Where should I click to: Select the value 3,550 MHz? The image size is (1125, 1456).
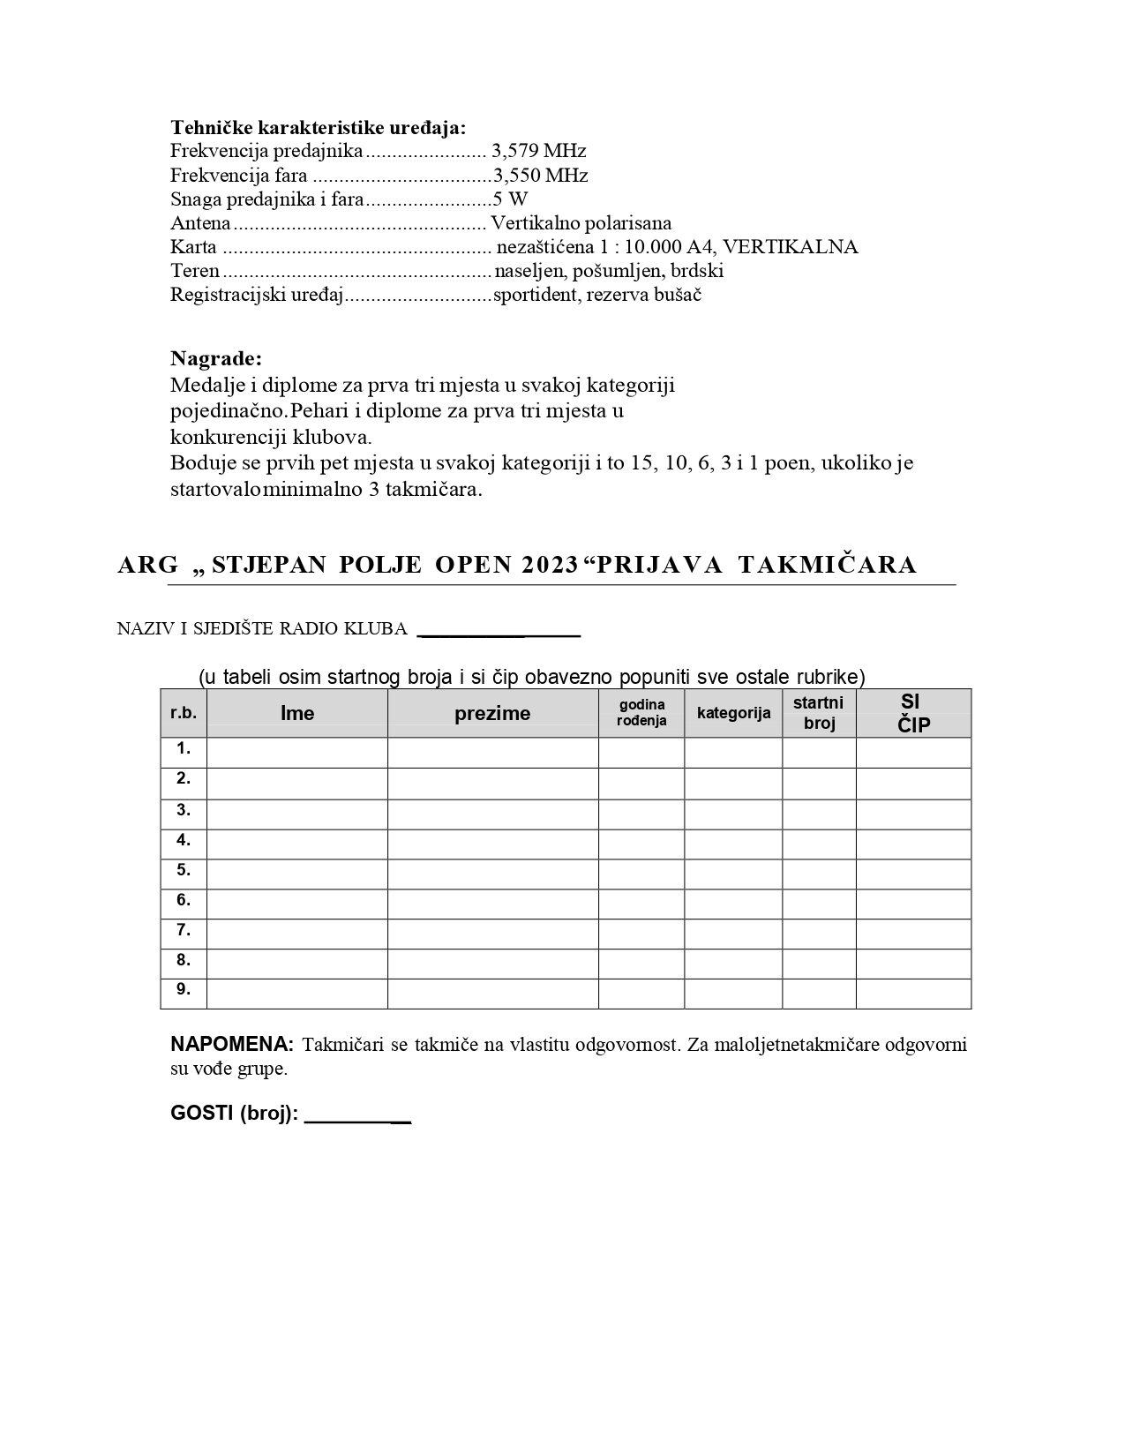click(x=540, y=175)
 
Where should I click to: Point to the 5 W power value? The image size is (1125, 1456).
click(x=510, y=199)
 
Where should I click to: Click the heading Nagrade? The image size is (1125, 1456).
click(x=216, y=359)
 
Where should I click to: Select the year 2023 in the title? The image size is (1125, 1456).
click(x=550, y=565)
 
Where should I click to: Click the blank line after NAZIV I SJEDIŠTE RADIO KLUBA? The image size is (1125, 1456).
click(x=499, y=630)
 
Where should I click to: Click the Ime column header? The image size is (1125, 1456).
click(x=297, y=713)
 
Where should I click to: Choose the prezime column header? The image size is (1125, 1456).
click(x=492, y=713)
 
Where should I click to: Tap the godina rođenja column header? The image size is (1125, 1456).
click(x=641, y=712)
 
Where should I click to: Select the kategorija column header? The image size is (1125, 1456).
click(x=733, y=713)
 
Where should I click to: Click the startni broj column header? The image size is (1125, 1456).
click(x=819, y=713)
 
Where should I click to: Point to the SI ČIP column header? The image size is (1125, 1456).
click(x=913, y=713)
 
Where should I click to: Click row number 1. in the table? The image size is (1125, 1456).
click(x=184, y=749)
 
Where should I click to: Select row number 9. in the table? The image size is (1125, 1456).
click(x=184, y=989)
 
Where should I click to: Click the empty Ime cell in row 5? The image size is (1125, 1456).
click(x=297, y=874)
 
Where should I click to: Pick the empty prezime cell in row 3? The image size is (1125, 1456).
click(x=492, y=814)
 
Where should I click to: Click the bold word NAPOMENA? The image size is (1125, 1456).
click(x=231, y=1045)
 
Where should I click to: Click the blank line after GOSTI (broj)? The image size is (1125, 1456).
click(x=357, y=1115)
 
